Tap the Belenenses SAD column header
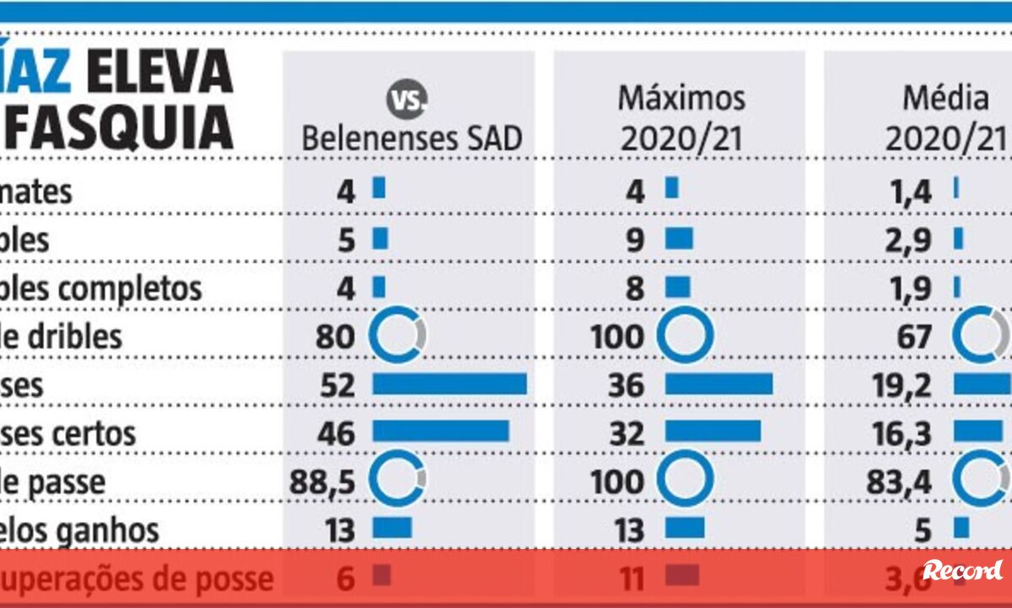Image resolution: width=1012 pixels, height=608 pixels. point(412,138)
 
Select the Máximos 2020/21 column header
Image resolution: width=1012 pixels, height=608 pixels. point(681,118)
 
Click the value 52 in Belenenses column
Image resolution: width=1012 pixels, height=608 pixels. point(336,385)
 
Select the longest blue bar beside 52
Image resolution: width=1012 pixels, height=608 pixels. point(449,385)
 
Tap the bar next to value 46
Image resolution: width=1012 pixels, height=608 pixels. point(440,430)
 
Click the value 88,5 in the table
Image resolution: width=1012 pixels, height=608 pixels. point(323,482)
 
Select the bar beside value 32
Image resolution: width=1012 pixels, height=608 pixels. point(713,430)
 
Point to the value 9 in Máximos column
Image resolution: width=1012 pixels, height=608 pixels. point(636,240)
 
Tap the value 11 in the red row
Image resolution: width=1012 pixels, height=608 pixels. point(628,578)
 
